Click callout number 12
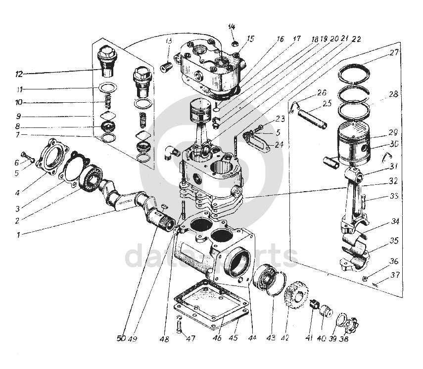[19, 75]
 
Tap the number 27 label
[394, 53]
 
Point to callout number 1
[18, 235]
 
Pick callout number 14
[232, 27]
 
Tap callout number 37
[394, 275]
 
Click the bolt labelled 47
[179, 326]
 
